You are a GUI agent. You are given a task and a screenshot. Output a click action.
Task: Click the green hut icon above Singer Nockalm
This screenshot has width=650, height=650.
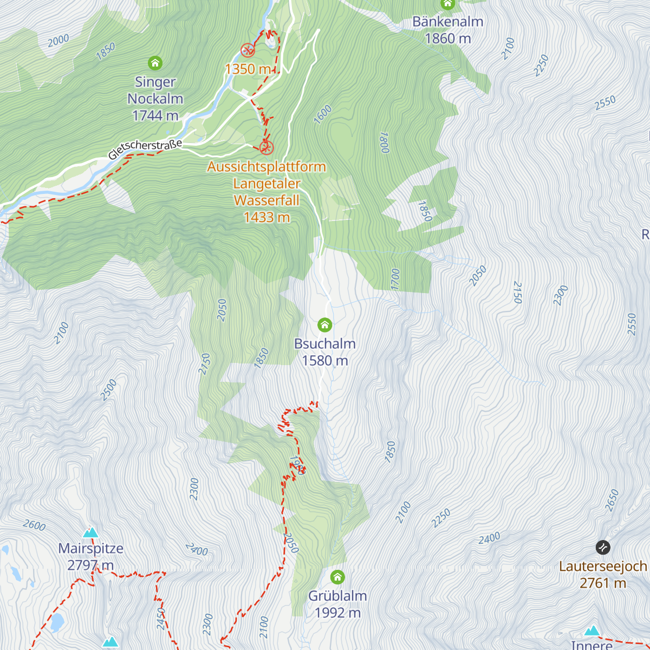155,63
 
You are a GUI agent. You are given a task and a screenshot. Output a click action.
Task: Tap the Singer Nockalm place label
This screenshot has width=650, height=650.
155,90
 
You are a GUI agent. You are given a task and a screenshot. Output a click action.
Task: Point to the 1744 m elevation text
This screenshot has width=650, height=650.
155,115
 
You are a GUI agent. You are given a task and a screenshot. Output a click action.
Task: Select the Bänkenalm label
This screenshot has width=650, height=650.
447,22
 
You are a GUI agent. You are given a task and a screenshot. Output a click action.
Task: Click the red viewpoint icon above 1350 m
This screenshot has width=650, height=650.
248,50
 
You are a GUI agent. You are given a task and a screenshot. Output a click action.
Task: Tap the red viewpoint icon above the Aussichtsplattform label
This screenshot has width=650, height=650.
266,147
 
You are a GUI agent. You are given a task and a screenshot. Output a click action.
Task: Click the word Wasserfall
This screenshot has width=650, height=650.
266,200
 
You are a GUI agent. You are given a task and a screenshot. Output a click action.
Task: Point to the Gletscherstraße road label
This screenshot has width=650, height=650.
145,149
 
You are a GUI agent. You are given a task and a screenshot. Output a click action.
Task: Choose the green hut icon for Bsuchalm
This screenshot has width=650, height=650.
324,325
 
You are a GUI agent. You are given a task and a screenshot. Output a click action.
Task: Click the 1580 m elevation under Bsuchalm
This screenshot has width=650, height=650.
324,361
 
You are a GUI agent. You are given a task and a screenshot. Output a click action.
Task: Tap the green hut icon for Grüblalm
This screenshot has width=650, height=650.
337,576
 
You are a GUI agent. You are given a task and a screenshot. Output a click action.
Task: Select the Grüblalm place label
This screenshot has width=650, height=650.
337,596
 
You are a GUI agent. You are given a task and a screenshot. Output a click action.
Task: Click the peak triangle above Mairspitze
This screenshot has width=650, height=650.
90,532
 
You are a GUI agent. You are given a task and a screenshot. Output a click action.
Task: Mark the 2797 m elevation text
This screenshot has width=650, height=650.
90,565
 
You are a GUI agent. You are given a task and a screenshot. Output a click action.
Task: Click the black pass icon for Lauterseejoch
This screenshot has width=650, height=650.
602,548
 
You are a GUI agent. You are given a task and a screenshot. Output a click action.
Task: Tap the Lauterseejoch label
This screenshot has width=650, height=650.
603,567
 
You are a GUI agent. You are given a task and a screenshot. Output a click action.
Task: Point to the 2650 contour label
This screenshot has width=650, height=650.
613,499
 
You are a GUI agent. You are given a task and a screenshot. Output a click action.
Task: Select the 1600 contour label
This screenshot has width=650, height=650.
323,115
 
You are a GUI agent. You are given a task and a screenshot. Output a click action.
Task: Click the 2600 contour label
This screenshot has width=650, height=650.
34,525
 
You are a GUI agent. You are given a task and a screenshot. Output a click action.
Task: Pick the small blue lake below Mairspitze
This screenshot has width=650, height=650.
56,622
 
